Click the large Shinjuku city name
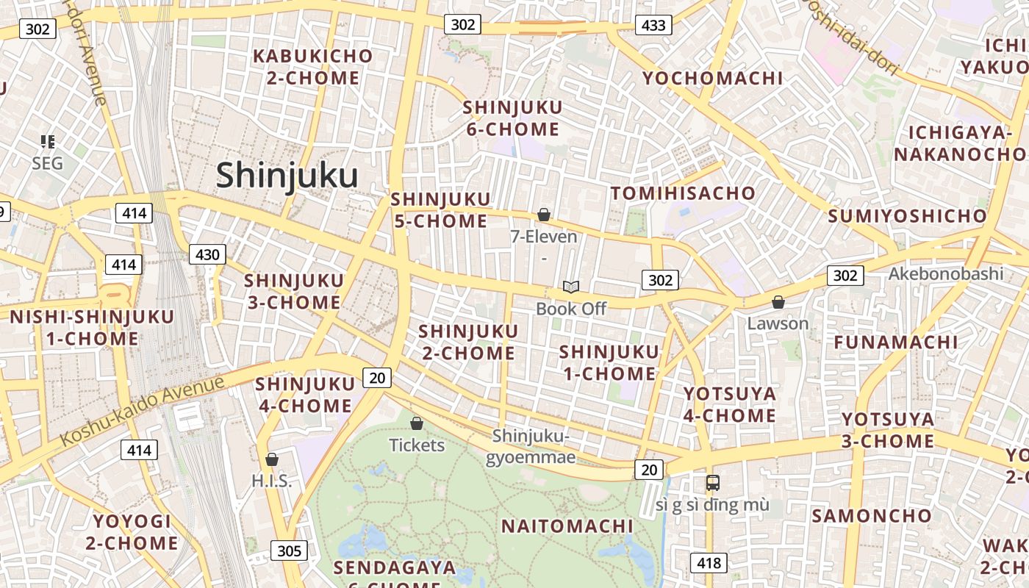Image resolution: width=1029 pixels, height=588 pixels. [287, 176]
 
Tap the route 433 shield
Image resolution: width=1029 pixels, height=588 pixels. [653, 26]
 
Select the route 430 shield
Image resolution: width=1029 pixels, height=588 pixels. [207, 254]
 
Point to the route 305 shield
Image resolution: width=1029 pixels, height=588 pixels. [289, 551]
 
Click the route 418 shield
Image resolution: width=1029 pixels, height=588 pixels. [709, 564]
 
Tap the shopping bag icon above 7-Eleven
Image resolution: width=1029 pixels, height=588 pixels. [544, 215]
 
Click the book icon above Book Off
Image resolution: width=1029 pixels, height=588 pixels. [571, 287]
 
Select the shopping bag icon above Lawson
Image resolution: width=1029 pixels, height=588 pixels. [778, 302]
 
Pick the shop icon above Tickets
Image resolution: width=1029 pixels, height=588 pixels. [417, 423]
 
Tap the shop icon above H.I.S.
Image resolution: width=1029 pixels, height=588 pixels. [272, 459]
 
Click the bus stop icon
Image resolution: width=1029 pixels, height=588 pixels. [712, 483]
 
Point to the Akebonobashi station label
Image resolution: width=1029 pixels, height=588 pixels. [945, 274]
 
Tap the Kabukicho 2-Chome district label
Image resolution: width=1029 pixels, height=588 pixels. [313, 67]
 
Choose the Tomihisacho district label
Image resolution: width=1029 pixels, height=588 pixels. [683, 193]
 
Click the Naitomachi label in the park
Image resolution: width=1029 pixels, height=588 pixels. [567, 526]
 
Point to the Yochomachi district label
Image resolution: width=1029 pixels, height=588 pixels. [713, 79]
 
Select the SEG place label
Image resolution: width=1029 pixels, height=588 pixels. [48, 163]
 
